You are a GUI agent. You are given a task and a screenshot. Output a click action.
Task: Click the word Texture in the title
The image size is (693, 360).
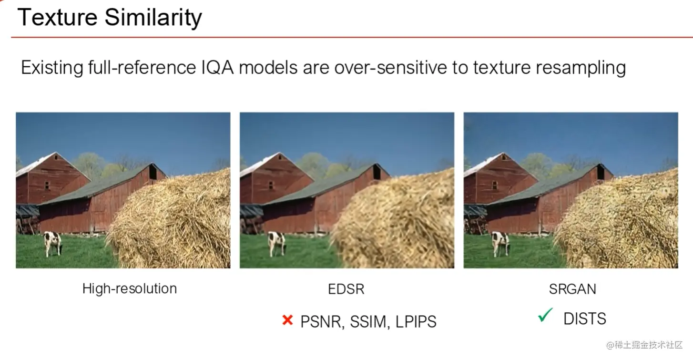[58, 17]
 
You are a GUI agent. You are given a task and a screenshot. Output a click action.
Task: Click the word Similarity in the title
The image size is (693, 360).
[153, 18]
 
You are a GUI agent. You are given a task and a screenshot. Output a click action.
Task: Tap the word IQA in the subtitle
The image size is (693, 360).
[217, 68]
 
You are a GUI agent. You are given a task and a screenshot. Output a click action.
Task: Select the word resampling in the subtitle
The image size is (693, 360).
[581, 68]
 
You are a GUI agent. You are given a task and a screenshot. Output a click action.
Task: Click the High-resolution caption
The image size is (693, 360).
[129, 288]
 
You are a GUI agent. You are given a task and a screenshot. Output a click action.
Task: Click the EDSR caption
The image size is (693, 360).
[346, 289]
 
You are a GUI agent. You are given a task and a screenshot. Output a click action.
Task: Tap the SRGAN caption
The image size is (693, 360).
[572, 289]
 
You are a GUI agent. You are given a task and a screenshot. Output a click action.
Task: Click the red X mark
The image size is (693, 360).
[287, 320]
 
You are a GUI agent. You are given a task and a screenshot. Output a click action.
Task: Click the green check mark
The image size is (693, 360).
[545, 315]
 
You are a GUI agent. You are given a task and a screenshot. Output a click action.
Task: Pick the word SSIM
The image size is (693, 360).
[368, 322]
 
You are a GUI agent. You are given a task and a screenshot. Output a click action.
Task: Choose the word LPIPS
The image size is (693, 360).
[416, 322]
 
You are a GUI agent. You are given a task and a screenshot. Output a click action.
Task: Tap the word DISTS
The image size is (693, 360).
[585, 319]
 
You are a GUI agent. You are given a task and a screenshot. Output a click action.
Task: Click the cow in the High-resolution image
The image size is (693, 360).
[52, 243]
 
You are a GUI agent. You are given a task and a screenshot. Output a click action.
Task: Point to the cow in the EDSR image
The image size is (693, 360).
[276, 244]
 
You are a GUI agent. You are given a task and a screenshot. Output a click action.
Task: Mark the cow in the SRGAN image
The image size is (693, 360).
[500, 244]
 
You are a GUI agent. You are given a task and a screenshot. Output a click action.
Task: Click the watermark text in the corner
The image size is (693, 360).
[644, 345]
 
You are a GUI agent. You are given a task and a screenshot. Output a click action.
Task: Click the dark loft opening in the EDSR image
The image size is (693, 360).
[377, 172]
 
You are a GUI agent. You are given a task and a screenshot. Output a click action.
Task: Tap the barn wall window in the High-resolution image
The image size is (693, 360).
[47, 185]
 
